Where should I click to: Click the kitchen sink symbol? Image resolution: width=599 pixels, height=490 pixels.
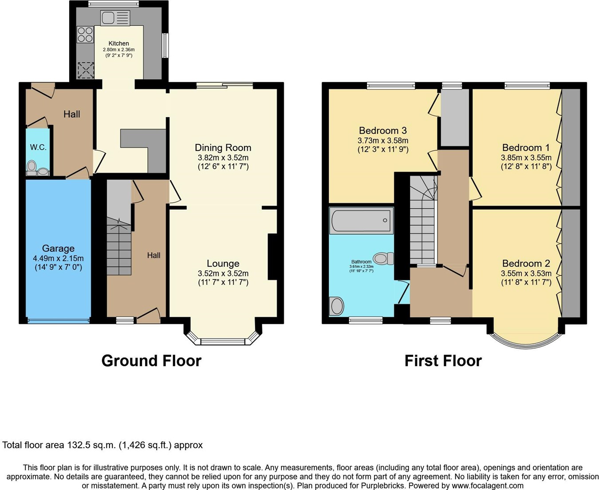(115, 18)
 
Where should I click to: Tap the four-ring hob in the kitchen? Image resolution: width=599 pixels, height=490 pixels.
(85, 35)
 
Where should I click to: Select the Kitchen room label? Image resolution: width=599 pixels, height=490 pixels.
(119, 44)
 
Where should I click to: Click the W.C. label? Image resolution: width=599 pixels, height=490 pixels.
(38, 147)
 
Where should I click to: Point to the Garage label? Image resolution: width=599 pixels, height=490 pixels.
(58, 248)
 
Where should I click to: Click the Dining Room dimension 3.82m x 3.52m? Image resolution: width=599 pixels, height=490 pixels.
(223, 158)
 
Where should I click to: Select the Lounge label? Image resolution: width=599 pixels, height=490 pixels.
(223, 263)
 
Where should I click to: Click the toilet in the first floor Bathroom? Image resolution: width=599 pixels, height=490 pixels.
(383, 258)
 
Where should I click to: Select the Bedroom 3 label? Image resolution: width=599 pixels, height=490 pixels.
(383, 131)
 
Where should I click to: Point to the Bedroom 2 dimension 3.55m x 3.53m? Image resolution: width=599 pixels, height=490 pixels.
(526, 274)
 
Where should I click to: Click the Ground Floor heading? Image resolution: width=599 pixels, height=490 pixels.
(151, 360)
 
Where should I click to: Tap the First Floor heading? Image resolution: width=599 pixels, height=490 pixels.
(443, 360)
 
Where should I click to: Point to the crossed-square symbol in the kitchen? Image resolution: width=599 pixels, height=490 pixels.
(86, 70)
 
